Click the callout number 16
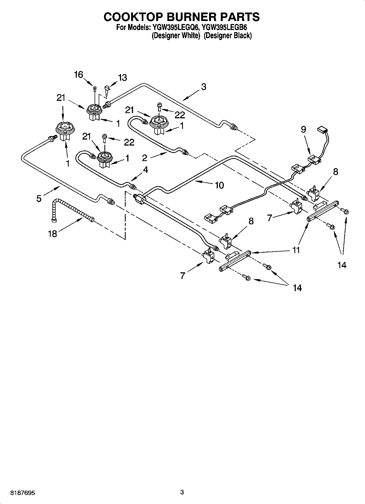(x=79, y=75)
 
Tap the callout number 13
(x=122, y=78)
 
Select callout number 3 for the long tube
(x=203, y=87)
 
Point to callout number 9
(x=303, y=129)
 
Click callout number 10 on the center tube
(x=219, y=185)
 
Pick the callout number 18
(x=53, y=234)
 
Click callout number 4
(x=145, y=170)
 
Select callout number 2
(x=144, y=158)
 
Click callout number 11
(x=296, y=250)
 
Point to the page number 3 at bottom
(x=182, y=492)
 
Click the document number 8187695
(x=23, y=493)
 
